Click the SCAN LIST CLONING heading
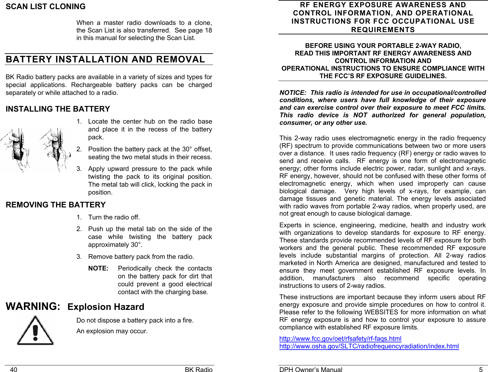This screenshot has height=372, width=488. (x=46, y=7)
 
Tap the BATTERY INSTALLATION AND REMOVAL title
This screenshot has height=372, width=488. (x=105, y=59)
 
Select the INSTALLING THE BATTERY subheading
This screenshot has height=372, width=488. (x=58, y=109)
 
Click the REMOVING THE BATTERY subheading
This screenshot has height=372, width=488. (x=56, y=205)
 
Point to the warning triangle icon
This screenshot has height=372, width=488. (x=35, y=331)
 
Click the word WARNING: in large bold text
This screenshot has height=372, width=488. (x=33, y=306)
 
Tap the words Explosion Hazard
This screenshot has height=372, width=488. (x=106, y=307)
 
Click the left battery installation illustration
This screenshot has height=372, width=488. (x=16, y=150)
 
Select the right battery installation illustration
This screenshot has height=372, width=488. (x=54, y=150)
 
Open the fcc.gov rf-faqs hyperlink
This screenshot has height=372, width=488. (x=340, y=339)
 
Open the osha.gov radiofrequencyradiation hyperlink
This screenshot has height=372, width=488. (x=369, y=346)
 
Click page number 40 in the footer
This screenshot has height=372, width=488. (x=14, y=370)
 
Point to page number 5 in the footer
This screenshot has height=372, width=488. (x=480, y=370)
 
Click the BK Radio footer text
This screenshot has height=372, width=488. (x=199, y=370)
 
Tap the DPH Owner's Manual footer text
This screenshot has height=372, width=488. (x=311, y=370)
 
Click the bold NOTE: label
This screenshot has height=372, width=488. (x=98, y=269)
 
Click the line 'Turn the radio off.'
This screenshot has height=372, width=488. (x=114, y=217)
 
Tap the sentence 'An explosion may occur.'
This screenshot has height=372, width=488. (x=112, y=331)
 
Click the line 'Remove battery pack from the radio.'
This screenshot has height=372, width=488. (x=141, y=257)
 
